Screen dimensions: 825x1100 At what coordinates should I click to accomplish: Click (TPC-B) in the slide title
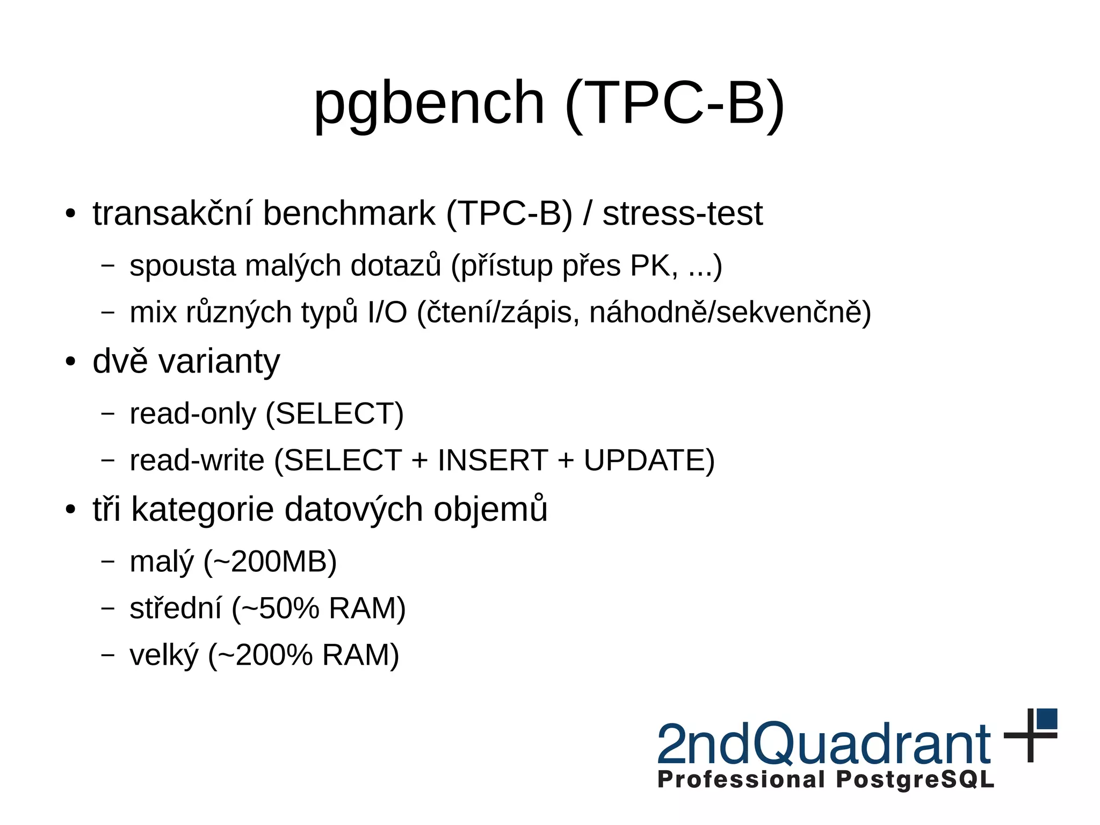675,103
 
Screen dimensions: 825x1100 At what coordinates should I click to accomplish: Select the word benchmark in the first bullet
349,213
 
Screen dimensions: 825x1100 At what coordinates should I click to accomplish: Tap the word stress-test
682,213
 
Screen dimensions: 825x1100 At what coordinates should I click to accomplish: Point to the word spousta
182,266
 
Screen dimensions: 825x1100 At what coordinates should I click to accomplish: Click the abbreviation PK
651,266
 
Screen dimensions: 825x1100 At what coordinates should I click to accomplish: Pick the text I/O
387,312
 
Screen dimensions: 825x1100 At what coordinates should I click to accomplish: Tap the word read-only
193,414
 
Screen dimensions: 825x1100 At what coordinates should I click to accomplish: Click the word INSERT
493,461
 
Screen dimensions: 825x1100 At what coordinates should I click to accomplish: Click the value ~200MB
270,562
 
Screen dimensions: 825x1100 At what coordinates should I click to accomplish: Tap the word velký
164,655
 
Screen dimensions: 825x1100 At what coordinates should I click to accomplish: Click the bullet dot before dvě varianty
70,362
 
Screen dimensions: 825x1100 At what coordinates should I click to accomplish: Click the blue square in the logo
1047,719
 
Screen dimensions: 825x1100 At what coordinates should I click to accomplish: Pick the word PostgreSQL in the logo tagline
915,779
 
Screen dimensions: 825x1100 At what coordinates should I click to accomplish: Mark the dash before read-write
108,461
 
